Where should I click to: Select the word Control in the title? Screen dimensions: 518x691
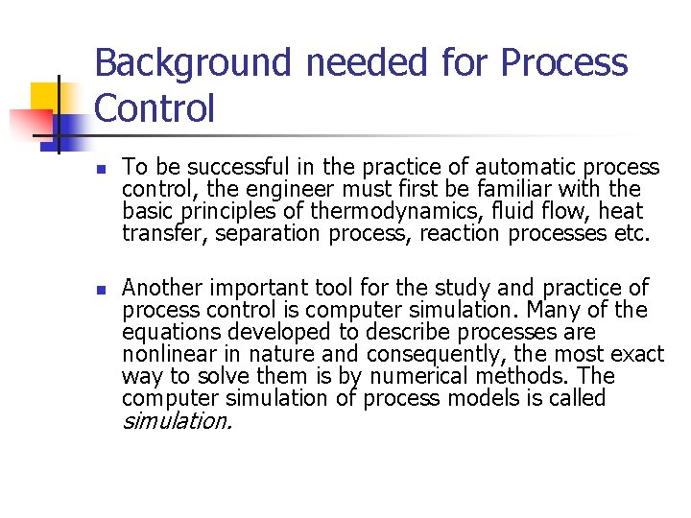pyautogui.click(x=155, y=107)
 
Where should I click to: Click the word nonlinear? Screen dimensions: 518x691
pyautogui.click(x=166, y=353)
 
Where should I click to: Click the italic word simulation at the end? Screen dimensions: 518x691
pyautogui.click(x=177, y=420)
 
